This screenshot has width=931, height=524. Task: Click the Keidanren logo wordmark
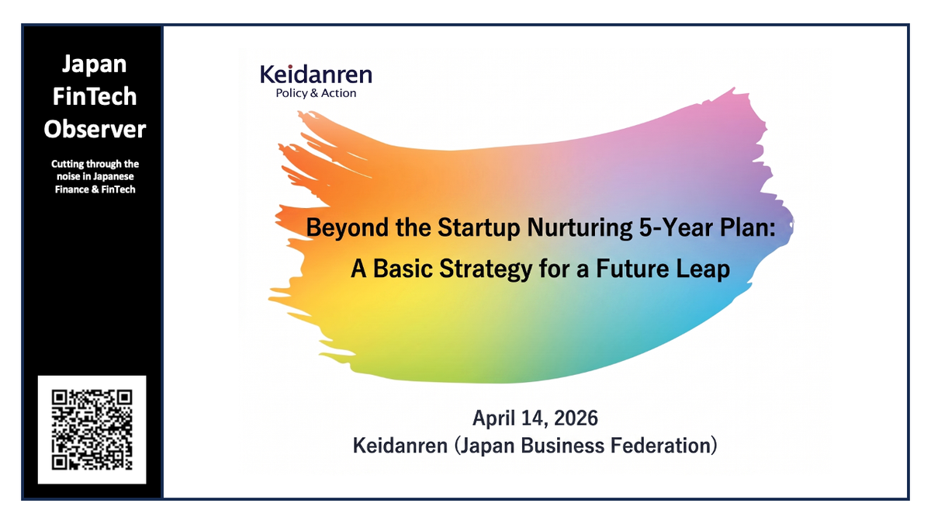[316, 75]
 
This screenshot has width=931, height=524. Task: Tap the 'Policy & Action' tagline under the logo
[316, 93]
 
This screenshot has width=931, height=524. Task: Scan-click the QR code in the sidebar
[92, 429]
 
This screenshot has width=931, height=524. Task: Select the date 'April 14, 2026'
[535, 418]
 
